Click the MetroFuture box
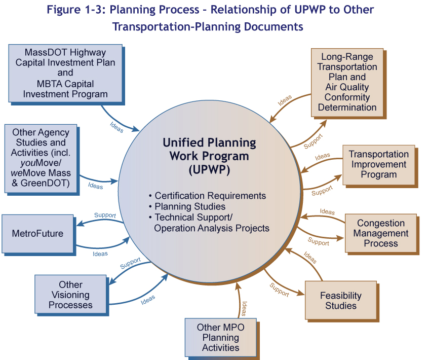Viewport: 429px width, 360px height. (x=37, y=234)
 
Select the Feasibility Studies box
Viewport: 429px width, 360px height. (x=340, y=300)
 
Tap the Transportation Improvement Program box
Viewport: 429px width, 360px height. (x=378, y=164)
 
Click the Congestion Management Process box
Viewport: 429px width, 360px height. (x=380, y=233)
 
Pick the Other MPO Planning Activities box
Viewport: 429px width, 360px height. (x=220, y=338)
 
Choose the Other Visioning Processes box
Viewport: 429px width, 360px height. (x=70, y=295)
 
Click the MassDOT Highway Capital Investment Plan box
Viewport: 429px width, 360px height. (x=65, y=73)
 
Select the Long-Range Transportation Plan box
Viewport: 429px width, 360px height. (x=347, y=82)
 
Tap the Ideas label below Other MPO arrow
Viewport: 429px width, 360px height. (x=244, y=308)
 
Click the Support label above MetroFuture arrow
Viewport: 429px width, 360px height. (x=105, y=215)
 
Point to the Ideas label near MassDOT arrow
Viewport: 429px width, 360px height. (x=116, y=127)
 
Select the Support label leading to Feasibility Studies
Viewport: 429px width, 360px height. (x=279, y=290)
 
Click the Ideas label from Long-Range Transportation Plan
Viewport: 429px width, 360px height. (x=285, y=100)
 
